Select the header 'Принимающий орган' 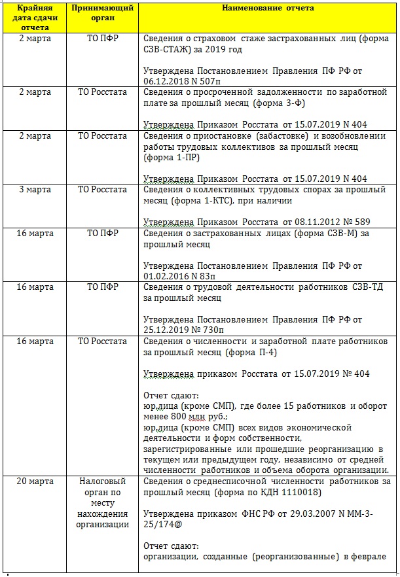[102, 13]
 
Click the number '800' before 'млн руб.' [181, 417]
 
